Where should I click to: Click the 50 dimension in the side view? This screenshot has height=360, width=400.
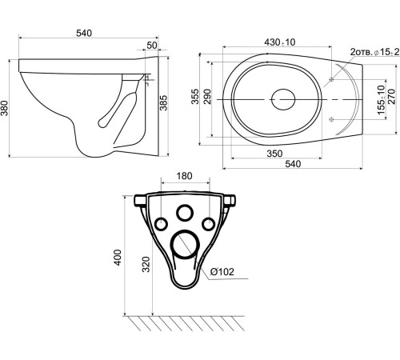pyautogui.click(x=152, y=46)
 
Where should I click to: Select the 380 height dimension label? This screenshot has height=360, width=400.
pyautogui.click(x=5, y=108)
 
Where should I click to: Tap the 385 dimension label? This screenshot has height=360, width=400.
pyautogui.click(x=163, y=102)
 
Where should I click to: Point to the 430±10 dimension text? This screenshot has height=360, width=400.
pyautogui.click(x=280, y=42)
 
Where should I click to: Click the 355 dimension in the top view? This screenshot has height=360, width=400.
pyautogui.click(x=195, y=97)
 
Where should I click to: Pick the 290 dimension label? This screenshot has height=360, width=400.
pyautogui.click(x=207, y=97)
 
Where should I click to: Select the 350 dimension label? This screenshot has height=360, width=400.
pyautogui.click(x=274, y=154)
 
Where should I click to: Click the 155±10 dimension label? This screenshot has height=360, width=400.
pyautogui.click(x=382, y=99)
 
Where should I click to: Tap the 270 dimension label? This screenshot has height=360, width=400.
pyautogui.click(x=391, y=97)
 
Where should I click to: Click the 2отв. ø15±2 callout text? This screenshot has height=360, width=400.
pyautogui.click(x=375, y=52)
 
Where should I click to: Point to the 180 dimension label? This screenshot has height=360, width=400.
pyautogui.click(x=184, y=176)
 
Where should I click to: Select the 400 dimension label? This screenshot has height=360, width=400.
pyautogui.click(x=118, y=257)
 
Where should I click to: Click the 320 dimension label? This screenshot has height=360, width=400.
pyautogui.click(x=146, y=264)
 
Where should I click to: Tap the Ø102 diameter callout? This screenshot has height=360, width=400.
pyautogui.click(x=222, y=272)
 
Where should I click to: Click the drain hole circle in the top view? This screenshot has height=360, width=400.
pyautogui.click(x=283, y=99)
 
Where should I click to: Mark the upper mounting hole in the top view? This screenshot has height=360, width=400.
pyautogui.click(x=331, y=79)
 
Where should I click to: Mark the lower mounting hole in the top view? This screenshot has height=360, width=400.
pyautogui.click(x=331, y=119)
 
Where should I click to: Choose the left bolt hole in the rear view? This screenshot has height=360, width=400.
pyautogui.click(x=161, y=224)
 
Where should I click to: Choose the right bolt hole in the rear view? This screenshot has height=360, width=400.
pyautogui.click(x=208, y=224)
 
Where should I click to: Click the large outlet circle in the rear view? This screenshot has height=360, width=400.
pyautogui.click(x=185, y=245)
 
